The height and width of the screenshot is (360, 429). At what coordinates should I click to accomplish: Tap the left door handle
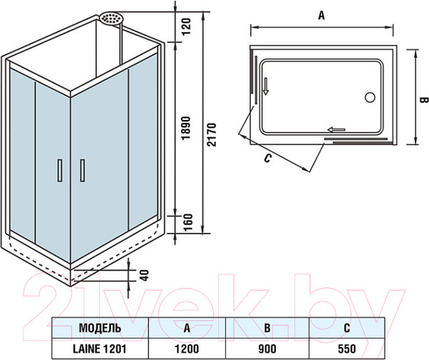[x=60, y=170]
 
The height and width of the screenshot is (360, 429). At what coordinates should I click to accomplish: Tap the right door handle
[x=82, y=170]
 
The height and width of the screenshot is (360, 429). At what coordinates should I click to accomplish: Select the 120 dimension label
[x=186, y=26]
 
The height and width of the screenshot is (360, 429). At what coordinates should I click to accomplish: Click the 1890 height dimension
[x=186, y=128]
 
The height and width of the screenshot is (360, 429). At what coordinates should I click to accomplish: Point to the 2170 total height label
[x=212, y=134]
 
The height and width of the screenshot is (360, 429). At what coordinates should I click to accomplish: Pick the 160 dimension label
[x=187, y=223]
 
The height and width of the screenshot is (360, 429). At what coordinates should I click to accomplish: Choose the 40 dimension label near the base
[x=144, y=275]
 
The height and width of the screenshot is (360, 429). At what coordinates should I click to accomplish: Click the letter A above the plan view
[x=322, y=15]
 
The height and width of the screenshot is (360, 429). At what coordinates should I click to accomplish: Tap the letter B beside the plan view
[x=423, y=100]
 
